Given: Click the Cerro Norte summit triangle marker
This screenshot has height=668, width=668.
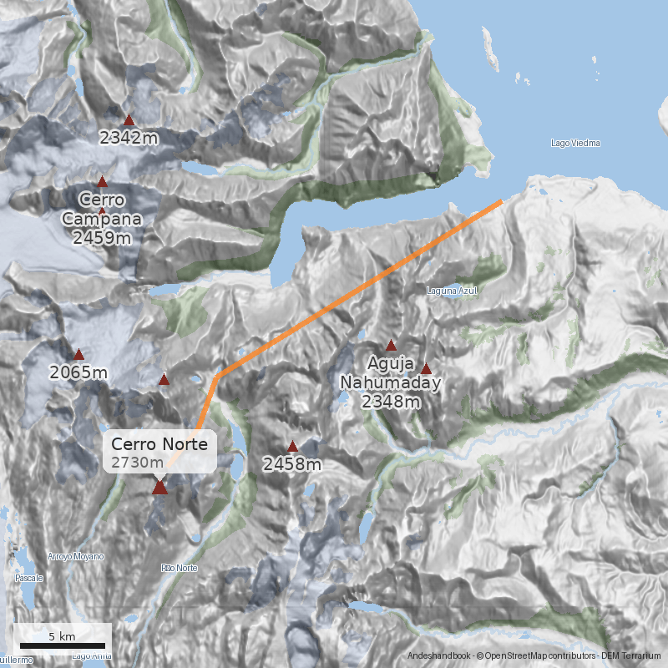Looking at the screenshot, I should click(x=159, y=488).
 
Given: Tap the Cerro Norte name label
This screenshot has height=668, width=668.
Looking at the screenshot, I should click(x=159, y=444).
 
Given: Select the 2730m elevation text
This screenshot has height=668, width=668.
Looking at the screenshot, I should click(x=138, y=463).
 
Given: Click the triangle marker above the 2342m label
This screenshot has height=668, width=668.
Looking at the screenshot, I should click(x=129, y=119).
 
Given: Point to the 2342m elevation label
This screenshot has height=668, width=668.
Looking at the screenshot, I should click(x=129, y=138).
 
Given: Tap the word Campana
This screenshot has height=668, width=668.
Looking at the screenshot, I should click(x=102, y=219).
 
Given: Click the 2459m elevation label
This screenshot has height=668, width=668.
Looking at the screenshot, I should click(x=102, y=238).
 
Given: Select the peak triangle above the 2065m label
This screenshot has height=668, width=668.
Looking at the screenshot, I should click(x=79, y=354).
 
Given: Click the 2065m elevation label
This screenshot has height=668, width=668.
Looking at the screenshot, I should click(x=78, y=372).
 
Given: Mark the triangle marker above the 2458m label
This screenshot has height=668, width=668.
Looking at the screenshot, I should click(x=292, y=446).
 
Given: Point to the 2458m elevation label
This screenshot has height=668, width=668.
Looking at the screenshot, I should click(x=292, y=465).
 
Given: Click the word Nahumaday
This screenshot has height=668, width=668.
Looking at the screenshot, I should click(x=390, y=383).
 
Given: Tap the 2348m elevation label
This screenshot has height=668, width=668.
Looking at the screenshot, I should click(x=390, y=402).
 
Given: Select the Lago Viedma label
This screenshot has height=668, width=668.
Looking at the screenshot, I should click(x=575, y=143).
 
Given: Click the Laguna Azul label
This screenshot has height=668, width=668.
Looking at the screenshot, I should click(x=451, y=291).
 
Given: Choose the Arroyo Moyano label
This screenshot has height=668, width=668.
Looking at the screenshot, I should click(x=76, y=556).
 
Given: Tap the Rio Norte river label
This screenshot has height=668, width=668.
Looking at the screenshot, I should click(x=180, y=568).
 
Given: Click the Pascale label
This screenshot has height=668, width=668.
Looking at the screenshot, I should click(x=28, y=578).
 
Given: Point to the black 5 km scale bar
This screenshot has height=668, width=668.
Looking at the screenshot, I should click(x=63, y=645).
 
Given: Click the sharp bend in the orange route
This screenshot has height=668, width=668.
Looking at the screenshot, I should click(x=220, y=375).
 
